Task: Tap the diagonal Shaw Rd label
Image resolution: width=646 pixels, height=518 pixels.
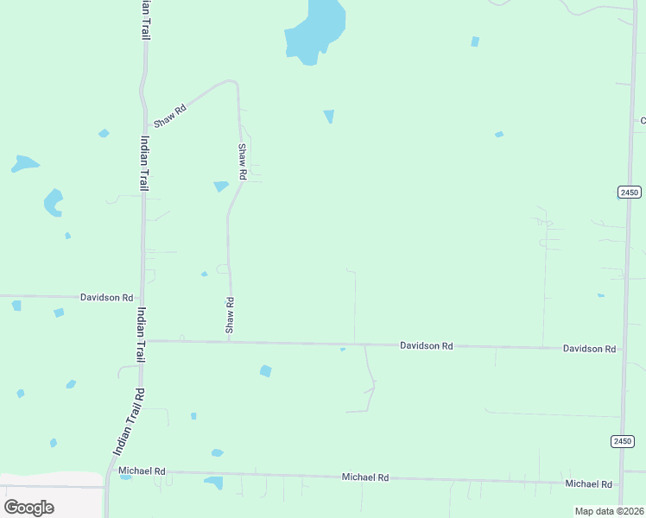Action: click(169, 115)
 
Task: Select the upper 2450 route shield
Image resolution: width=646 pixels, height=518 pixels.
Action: click(629, 193)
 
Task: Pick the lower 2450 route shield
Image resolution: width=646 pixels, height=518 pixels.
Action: click(623, 441)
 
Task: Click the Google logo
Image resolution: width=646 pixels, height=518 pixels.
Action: click(28, 508)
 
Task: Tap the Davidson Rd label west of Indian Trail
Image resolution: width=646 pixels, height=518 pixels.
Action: click(106, 297)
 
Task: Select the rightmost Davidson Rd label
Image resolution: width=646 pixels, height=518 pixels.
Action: click(589, 349)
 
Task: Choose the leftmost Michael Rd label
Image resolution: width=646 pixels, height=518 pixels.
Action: click(142, 471)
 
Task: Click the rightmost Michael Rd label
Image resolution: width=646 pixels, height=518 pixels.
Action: click(588, 484)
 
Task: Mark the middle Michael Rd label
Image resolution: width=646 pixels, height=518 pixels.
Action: click(365, 477)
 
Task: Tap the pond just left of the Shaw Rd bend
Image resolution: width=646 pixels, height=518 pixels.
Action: click(221, 186)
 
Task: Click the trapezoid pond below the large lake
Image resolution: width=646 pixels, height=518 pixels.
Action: click(329, 116)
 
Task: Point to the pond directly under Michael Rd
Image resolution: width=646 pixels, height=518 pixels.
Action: click(213, 483)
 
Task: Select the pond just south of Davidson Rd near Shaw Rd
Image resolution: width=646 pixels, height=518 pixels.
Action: click(266, 371)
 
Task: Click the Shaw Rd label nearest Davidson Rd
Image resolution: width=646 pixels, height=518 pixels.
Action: click(230, 315)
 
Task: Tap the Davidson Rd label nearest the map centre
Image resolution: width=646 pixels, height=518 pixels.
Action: click(426, 345)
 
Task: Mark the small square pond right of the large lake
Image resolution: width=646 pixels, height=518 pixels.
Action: click(475, 41)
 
